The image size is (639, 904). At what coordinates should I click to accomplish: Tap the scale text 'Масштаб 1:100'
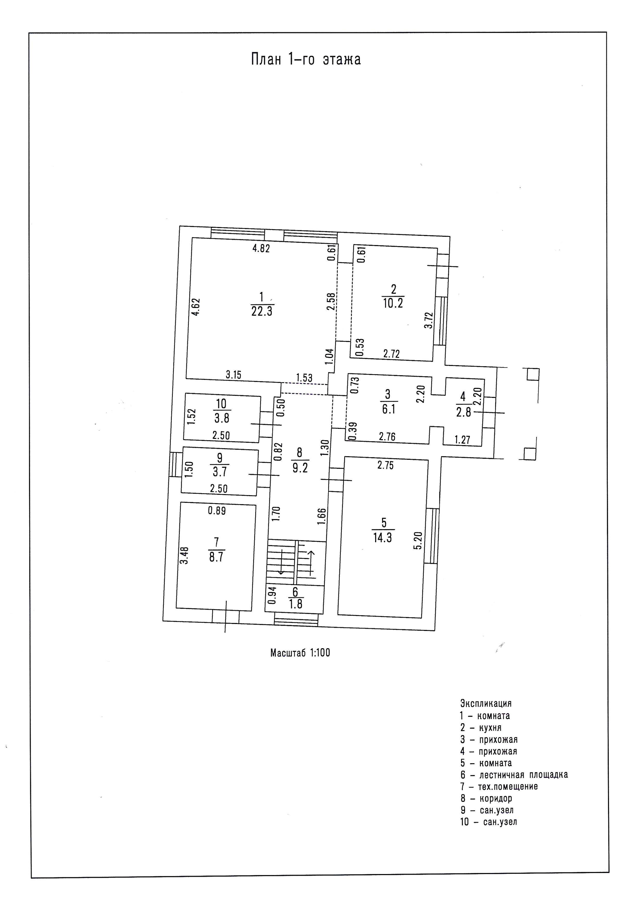coord(300,653)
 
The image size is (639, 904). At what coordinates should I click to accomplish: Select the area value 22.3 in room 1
coord(262,311)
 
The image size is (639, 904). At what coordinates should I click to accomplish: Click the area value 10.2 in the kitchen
coord(393,303)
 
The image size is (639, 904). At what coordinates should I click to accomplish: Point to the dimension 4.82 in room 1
coord(261,248)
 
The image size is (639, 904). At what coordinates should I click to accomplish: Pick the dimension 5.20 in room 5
coord(418,541)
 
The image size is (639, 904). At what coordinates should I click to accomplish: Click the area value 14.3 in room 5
coord(382,537)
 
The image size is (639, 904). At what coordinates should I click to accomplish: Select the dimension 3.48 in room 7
coord(184,555)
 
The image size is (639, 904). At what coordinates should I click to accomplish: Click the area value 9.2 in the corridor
coord(300,467)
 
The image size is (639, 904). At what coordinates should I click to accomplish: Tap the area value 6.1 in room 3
coord(388,409)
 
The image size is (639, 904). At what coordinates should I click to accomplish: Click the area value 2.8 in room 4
coord(464,413)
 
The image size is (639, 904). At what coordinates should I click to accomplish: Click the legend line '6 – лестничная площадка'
coord(514,774)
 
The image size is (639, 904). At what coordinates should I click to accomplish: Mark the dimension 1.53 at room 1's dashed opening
coord(304,378)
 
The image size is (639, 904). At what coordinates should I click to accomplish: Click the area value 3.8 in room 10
coord(222,417)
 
